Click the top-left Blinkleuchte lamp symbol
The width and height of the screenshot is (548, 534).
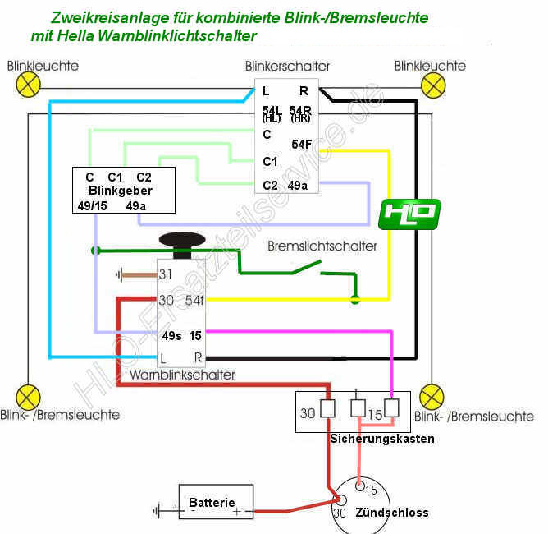click(30, 83)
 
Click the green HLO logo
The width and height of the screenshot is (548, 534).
click(409, 214)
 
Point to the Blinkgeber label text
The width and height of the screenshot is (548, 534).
click(121, 191)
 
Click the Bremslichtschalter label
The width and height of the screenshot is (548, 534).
click(322, 246)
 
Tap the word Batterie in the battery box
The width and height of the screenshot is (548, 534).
click(212, 502)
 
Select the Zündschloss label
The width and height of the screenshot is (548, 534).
click(392, 512)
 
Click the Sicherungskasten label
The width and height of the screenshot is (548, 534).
click(382, 439)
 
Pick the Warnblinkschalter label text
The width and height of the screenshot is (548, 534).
click(182, 375)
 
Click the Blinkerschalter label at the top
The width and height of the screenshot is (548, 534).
click(287, 66)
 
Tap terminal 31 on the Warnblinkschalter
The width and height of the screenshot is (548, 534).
click(167, 274)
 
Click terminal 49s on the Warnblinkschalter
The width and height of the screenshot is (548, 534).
click(171, 335)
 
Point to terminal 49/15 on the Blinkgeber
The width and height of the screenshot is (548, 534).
click(90, 205)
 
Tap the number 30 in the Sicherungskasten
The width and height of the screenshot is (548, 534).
click(308, 413)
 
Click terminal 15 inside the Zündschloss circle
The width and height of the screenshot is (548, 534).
click(370, 490)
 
